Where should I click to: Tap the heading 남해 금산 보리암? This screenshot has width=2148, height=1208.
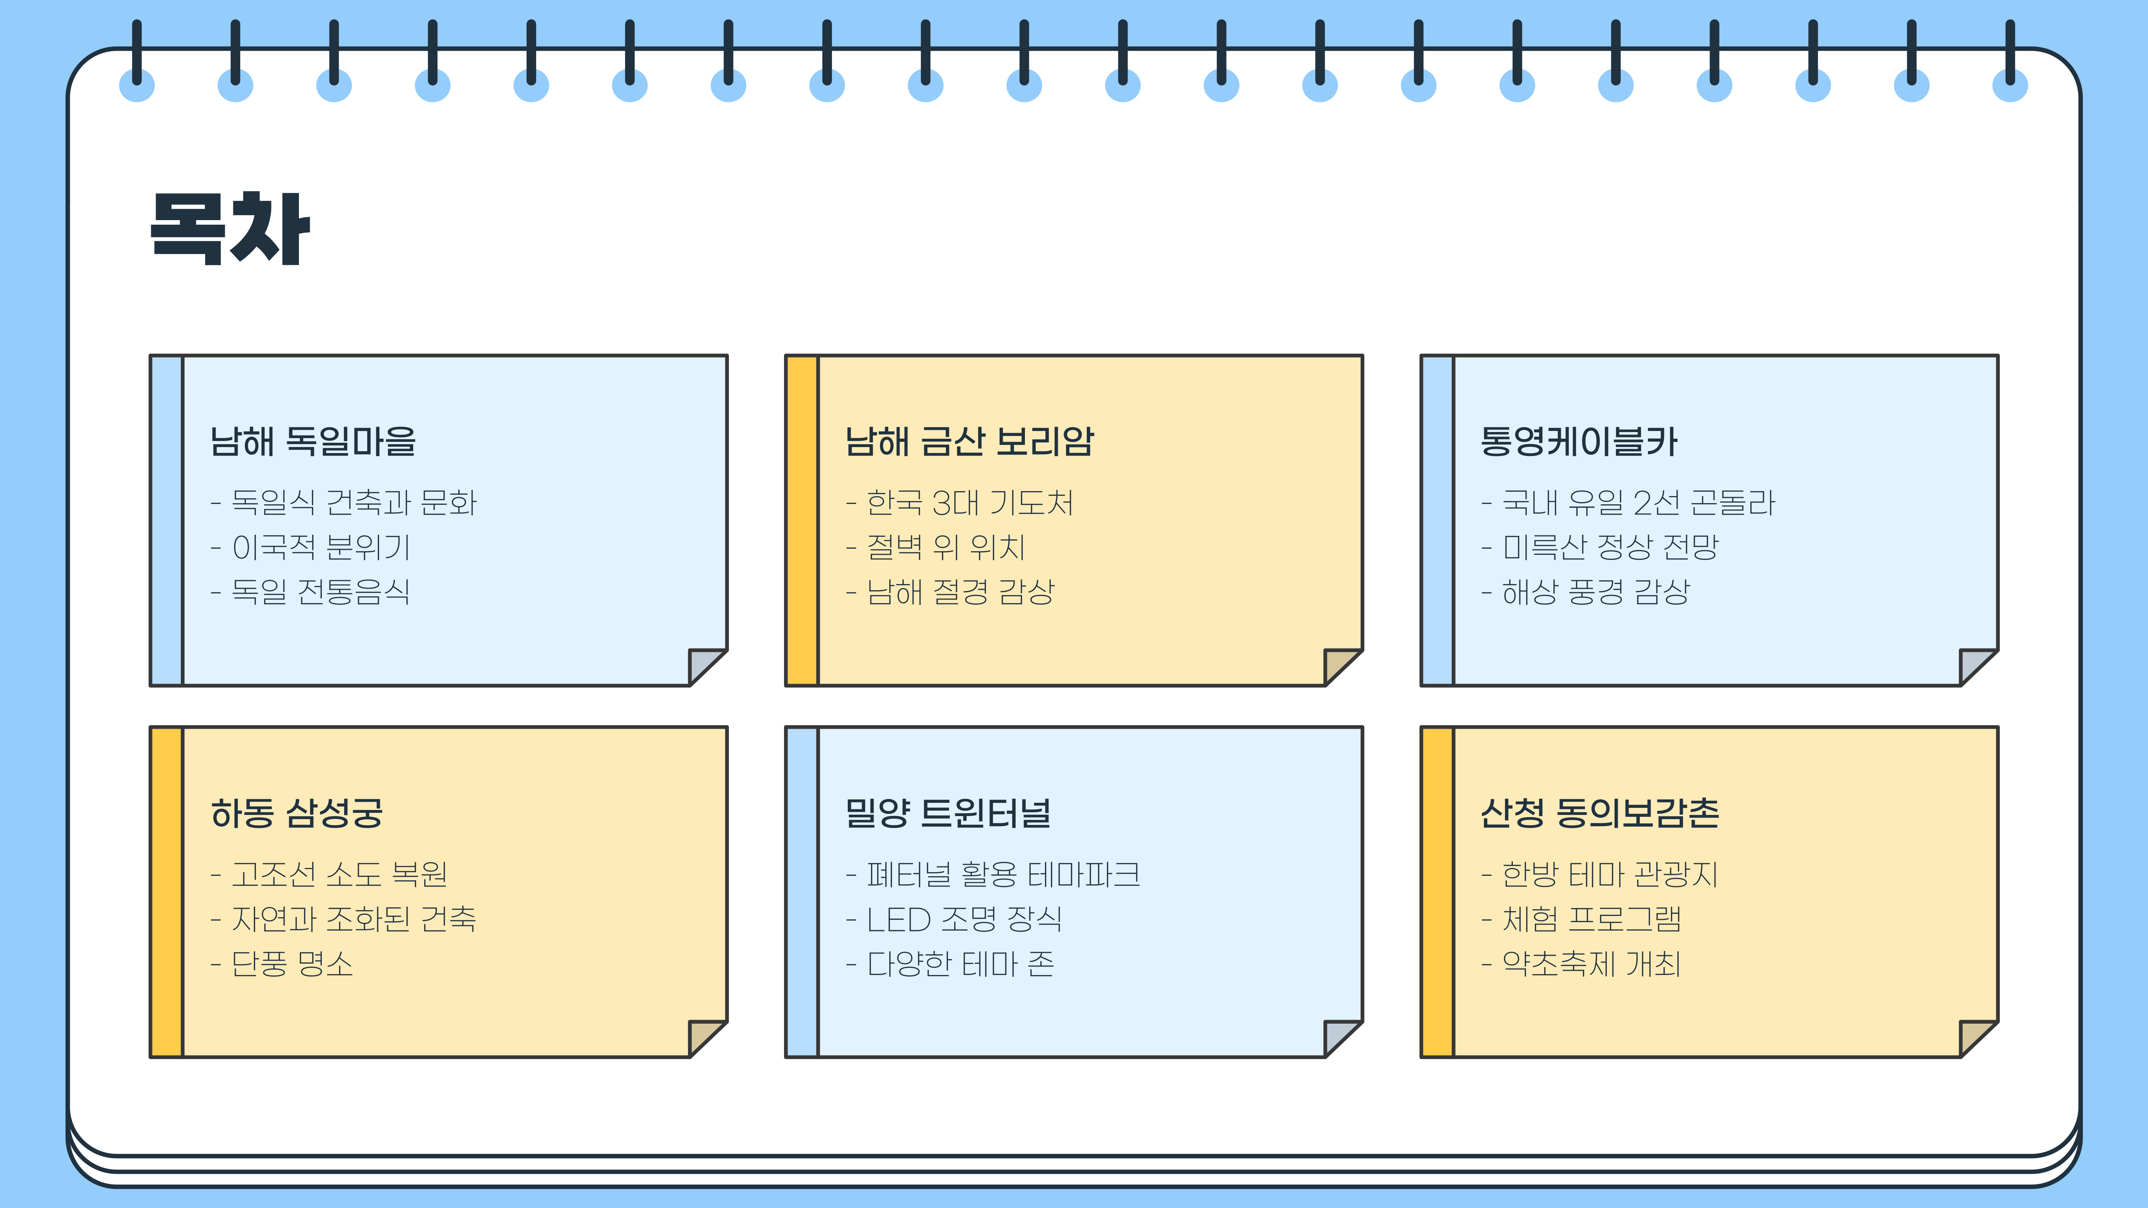(x=969, y=441)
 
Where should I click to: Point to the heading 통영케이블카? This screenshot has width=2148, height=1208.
(x=1578, y=441)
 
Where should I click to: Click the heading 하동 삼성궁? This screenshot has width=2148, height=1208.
(x=297, y=813)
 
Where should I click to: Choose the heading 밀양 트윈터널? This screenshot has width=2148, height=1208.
(x=948, y=813)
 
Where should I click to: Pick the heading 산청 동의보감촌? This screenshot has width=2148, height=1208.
(x=1599, y=813)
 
